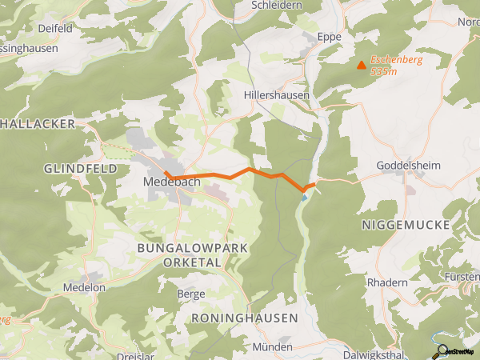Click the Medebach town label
[x=171, y=182]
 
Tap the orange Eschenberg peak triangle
[x=362, y=66]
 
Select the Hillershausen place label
[x=277, y=94]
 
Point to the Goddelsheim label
[x=408, y=166]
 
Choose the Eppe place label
[x=329, y=38]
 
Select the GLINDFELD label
[x=81, y=169]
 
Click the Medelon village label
[x=84, y=287]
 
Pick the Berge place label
[x=190, y=294]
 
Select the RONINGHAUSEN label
[x=245, y=318]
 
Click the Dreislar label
[x=137, y=354]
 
